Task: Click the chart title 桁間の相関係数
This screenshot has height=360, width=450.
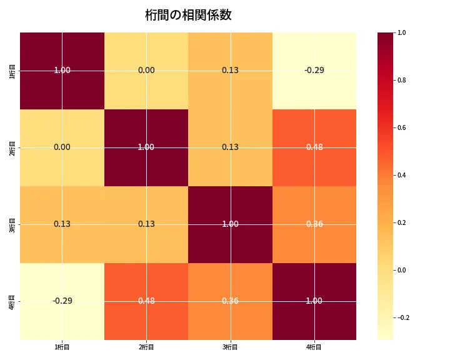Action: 188,15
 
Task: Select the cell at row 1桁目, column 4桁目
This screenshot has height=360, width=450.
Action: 314,71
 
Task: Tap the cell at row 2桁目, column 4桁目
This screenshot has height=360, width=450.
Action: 314,147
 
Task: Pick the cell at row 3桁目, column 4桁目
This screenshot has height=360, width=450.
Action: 314,224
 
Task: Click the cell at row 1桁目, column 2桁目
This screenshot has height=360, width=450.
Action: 146,71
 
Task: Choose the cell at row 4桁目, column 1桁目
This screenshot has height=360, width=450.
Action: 62,301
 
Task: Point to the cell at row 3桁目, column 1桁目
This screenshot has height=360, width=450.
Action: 62,224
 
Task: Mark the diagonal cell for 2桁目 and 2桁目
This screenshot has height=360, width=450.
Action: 146,147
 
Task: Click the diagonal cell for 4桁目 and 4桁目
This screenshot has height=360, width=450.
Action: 314,301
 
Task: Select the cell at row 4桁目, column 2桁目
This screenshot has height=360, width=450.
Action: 146,301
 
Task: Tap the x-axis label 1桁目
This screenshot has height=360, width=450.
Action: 62,347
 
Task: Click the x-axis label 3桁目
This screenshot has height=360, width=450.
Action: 230,347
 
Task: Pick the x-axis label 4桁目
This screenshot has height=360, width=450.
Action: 314,347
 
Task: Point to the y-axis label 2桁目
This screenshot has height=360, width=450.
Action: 12,147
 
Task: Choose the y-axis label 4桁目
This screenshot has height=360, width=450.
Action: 12,301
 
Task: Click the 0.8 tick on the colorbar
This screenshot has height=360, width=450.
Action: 402,80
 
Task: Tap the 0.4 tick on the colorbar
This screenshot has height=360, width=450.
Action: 402,175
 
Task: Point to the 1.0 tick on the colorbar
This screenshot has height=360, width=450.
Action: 402,32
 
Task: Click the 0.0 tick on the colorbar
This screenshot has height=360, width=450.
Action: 402,270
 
